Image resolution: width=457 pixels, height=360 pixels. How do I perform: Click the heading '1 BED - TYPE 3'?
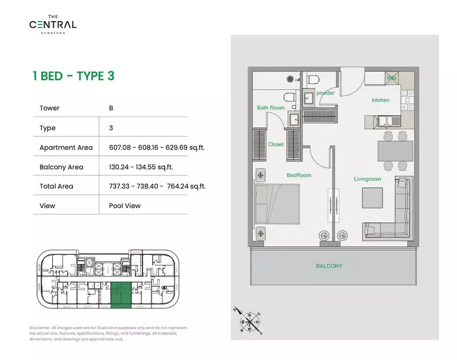[73, 76]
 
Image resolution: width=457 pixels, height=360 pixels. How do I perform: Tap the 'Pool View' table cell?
[125, 206]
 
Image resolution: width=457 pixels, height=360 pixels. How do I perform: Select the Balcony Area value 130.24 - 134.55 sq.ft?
[141, 167]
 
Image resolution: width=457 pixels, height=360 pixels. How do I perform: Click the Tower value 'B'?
[111, 108]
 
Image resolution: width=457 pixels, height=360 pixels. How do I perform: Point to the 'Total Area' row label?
[56, 186]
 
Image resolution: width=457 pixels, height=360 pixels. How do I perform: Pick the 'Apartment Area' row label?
[66, 147]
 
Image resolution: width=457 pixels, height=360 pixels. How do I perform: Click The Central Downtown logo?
[53, 25]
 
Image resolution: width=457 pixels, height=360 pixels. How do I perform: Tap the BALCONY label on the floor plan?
[329, 266]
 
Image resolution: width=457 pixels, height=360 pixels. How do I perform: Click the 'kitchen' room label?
[380, 100]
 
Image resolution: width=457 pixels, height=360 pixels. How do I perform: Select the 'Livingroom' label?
[368, 179]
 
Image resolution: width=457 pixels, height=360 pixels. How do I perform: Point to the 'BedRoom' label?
[299, 175]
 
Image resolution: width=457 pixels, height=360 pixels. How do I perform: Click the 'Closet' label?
[276, 144]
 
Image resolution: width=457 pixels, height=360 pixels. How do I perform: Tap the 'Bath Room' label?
[271, 107]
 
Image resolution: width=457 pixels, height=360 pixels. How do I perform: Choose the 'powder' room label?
[325, 93]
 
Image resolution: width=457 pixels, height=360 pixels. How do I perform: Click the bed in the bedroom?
[277, 204]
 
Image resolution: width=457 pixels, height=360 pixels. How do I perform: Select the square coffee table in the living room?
[372, 198]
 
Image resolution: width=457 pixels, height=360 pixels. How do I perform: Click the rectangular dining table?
[395, 151]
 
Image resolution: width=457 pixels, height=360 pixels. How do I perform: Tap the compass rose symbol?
[249, 322]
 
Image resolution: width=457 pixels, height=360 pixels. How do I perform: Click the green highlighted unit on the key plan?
[121, 295]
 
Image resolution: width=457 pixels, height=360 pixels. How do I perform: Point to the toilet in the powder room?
[313, 79]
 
